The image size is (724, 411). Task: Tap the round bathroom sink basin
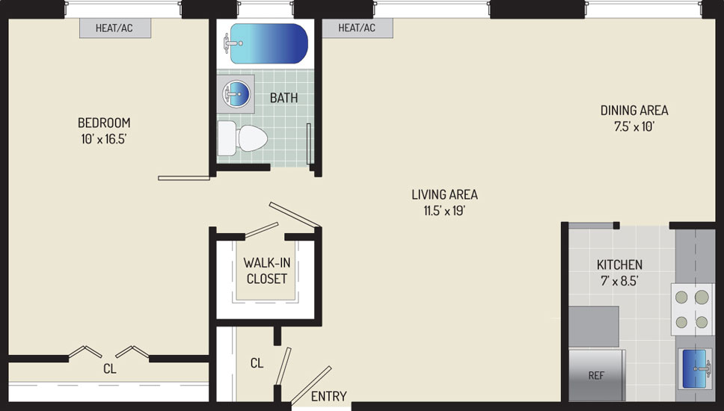[x=236, y=93]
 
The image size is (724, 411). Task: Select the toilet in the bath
[x=242, y=138]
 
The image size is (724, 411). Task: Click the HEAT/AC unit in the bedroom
[x=115, y=28]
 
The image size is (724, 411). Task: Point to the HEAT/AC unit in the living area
[x=357, y=28]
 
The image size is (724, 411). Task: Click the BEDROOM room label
[x=104, y=123]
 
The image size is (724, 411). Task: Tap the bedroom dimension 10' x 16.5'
[x=104, y=139]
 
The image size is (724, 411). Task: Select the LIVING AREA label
[x=445, y=194]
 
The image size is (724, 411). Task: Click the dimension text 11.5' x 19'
[x=445, y=211]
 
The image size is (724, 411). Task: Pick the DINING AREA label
[x=634, y=111]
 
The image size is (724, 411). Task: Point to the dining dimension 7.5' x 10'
[x=634, y=126]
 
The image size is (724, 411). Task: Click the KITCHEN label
[x=619, y=265]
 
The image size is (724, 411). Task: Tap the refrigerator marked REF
[x=597, y=375]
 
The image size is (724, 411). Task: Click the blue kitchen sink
[x=695, y=368]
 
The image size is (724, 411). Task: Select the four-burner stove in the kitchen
[x=692, y=309]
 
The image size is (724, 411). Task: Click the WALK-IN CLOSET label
[x=267, y=271]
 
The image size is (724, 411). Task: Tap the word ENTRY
[x=329, y=396]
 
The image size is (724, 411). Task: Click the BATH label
[x=283, y=98]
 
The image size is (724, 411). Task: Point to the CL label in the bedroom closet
[x=110, y=369]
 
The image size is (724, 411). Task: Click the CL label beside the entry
[x=257, y=363]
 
